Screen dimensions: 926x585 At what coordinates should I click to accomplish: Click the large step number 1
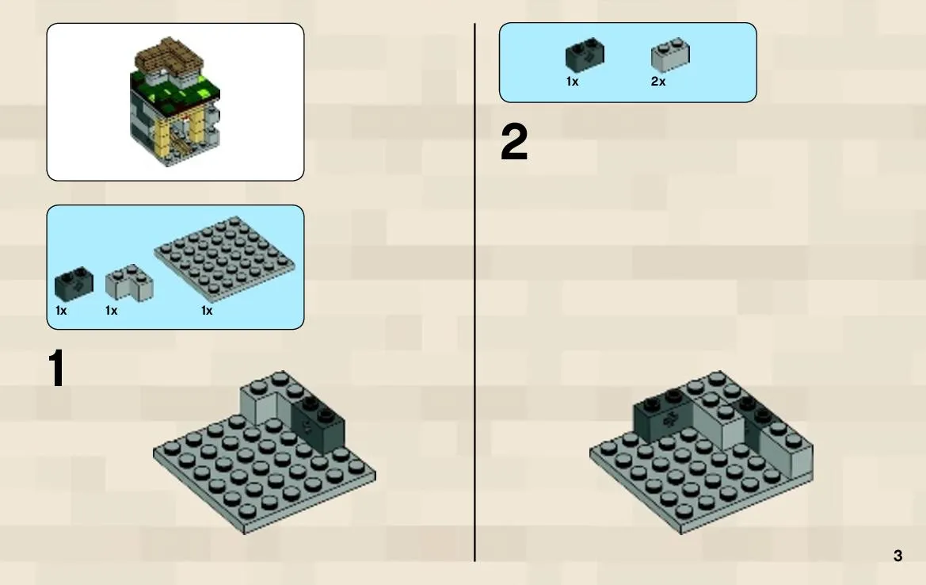coord(57,368)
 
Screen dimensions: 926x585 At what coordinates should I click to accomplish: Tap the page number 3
coord(897,556)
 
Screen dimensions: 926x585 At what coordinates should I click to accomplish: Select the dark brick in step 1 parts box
coord(74,285)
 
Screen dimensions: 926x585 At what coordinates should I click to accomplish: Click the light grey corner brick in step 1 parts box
coord(129,283)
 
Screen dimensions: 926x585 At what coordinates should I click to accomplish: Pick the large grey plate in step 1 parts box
coord(224,259)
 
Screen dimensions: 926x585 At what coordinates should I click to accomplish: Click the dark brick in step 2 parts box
coord(585,55)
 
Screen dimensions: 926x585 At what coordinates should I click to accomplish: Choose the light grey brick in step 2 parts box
coord(670,55)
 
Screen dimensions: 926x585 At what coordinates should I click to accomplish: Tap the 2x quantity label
coord(658,82)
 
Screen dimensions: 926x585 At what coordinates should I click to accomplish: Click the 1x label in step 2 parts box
coord(572,82)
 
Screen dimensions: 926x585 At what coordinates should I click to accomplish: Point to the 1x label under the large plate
coord(207,310)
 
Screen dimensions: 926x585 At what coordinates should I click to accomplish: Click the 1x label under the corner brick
coord(111,310)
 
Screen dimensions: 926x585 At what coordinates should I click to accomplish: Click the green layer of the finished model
coord(175,94)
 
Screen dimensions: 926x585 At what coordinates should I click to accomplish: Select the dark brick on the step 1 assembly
coord(318,423)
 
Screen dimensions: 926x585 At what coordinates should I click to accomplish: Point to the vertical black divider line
coord(474,292)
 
